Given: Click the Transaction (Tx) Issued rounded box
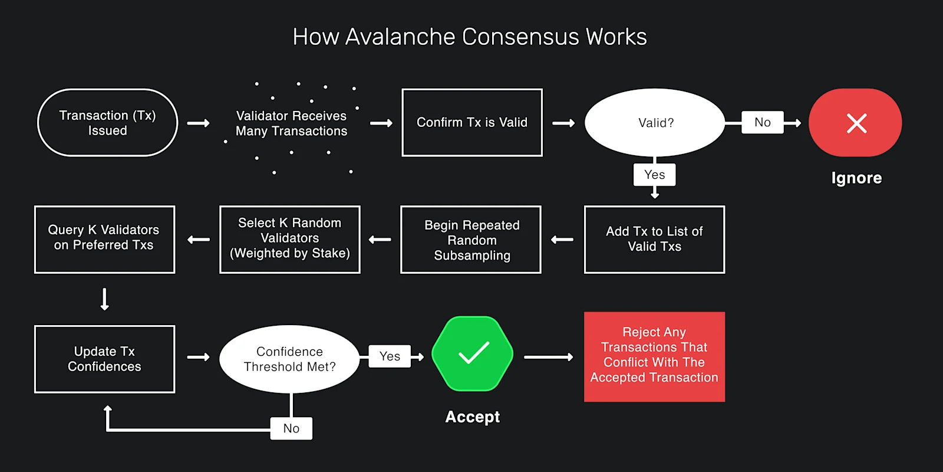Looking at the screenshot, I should coord(107,123).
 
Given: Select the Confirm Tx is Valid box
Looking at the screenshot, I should coord(471,123).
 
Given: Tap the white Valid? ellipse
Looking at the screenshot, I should coord(655,123).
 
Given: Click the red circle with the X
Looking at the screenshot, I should coord(855,123).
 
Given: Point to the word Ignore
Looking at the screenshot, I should coord(856,178).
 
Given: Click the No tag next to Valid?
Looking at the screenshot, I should coord(762,122).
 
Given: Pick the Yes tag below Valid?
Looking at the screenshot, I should coord(654,175).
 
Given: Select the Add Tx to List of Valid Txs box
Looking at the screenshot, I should coord(654,239).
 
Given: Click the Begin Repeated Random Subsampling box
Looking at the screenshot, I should coord(471,239).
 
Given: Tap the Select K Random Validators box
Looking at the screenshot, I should coord(289,239).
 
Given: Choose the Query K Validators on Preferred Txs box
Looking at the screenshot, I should coord(104,239).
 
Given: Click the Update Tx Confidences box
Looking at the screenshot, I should coord(104,359).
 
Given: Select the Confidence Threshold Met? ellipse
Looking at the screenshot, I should coord(289,359).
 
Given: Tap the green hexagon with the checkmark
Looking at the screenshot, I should coord(472,353).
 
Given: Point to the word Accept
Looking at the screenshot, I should coord(472,417).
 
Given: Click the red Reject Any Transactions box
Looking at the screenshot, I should coord(654,356).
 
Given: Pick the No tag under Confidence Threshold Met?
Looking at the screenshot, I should coord(291,428).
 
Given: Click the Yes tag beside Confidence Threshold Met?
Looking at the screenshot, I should coord(390,356).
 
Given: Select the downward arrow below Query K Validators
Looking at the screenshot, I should coord(104,299).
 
